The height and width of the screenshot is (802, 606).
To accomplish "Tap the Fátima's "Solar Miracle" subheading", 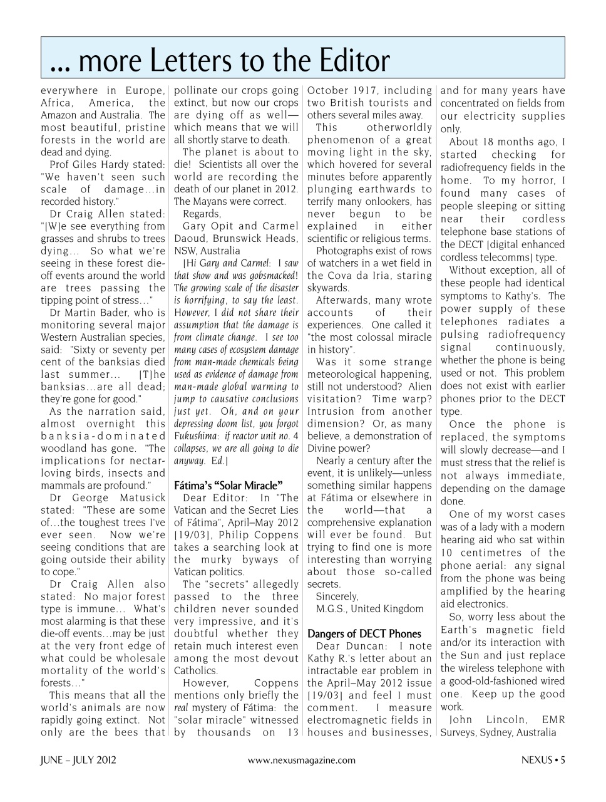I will click(x=228, y=485).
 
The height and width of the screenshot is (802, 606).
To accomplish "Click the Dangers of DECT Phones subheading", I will click(x=364, y=633).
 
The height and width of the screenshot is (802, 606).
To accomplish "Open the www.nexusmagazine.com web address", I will click(x=302, y=760).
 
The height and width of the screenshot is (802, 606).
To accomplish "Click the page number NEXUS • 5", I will click(x=543, y=760).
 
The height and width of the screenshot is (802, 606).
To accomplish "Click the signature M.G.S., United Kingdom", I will click(x=369, y=609).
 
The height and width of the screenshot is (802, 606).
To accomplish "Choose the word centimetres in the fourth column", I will click(x=489, y=553).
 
